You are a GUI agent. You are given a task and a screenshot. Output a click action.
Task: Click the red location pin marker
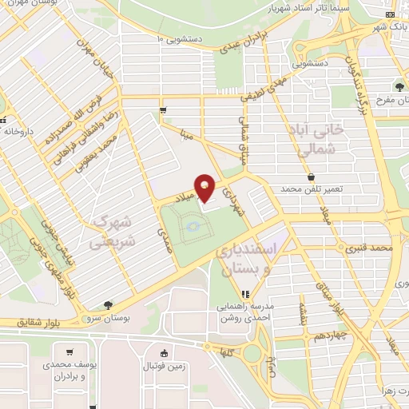[205, 188]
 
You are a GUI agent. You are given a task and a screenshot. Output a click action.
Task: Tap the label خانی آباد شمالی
[319, 139]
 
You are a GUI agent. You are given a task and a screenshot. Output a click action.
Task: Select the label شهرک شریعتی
[112, 229]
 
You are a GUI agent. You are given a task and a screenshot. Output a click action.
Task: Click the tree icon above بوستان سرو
[108, 304]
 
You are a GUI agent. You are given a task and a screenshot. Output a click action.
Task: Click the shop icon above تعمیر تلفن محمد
[311, 177]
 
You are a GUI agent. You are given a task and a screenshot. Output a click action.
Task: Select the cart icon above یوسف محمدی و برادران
[70, 352]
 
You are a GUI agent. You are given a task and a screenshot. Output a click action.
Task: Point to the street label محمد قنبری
[372, 249]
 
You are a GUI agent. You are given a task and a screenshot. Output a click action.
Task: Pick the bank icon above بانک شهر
[390, 15]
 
